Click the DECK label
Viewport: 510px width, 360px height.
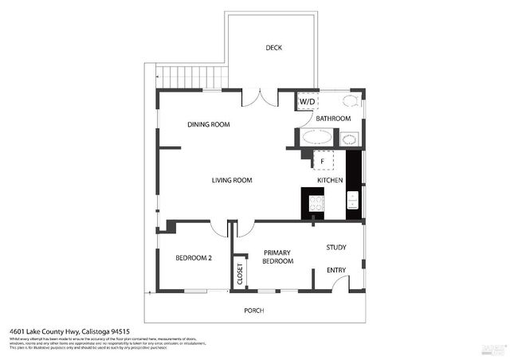pos(273,48)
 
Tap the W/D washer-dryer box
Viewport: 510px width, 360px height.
pos(306,102)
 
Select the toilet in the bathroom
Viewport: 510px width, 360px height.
pos(349,101)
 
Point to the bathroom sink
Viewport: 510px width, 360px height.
pos(349,139)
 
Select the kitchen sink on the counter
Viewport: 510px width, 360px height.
pos(354,199)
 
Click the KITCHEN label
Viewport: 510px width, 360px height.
pos(330,181)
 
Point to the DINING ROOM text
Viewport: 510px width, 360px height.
pos(209,124)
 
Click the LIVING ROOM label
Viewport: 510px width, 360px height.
pos(231,181)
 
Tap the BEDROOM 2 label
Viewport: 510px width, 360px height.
pos(194,257)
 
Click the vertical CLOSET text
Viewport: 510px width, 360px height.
pos(240,274)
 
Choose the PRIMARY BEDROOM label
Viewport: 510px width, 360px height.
pos(277,256)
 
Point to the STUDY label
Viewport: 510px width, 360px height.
pos(335,247)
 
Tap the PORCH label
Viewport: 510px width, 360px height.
pos(253,310)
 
